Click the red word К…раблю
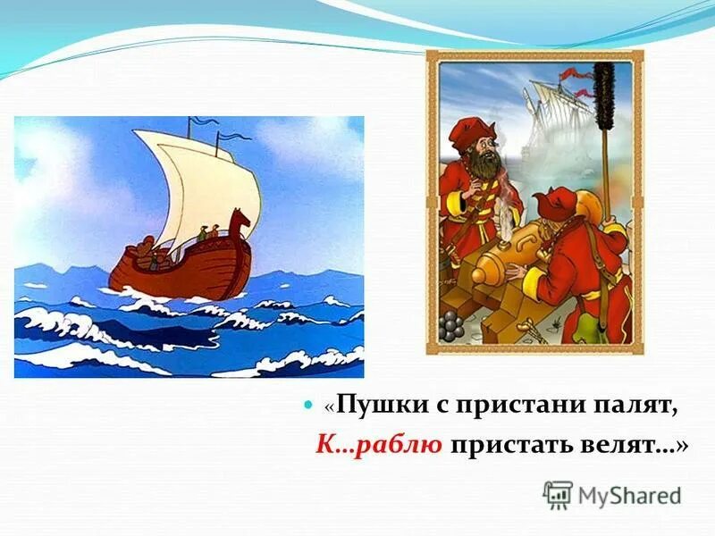point(379,445)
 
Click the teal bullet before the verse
point(310,406)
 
